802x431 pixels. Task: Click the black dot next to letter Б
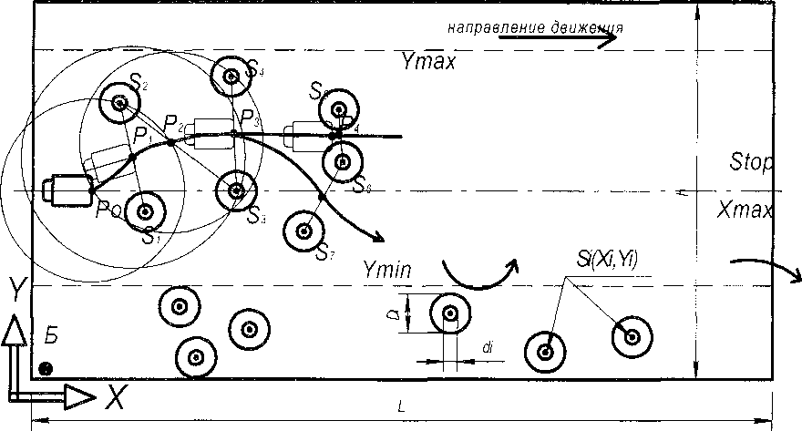(x=45, y=368)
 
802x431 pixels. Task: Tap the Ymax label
(x=427, y=62)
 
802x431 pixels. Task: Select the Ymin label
(x=387, y=269)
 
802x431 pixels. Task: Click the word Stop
(x=751, y=164)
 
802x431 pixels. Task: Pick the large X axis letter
(x=114, y=395)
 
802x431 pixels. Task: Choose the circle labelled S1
(x=144, y=211)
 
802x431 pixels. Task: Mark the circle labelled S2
(x=120, y=102)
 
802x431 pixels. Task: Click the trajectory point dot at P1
(x=133, y=157)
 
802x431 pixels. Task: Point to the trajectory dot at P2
(x=170, y=142)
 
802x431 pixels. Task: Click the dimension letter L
(x=402, y=407)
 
